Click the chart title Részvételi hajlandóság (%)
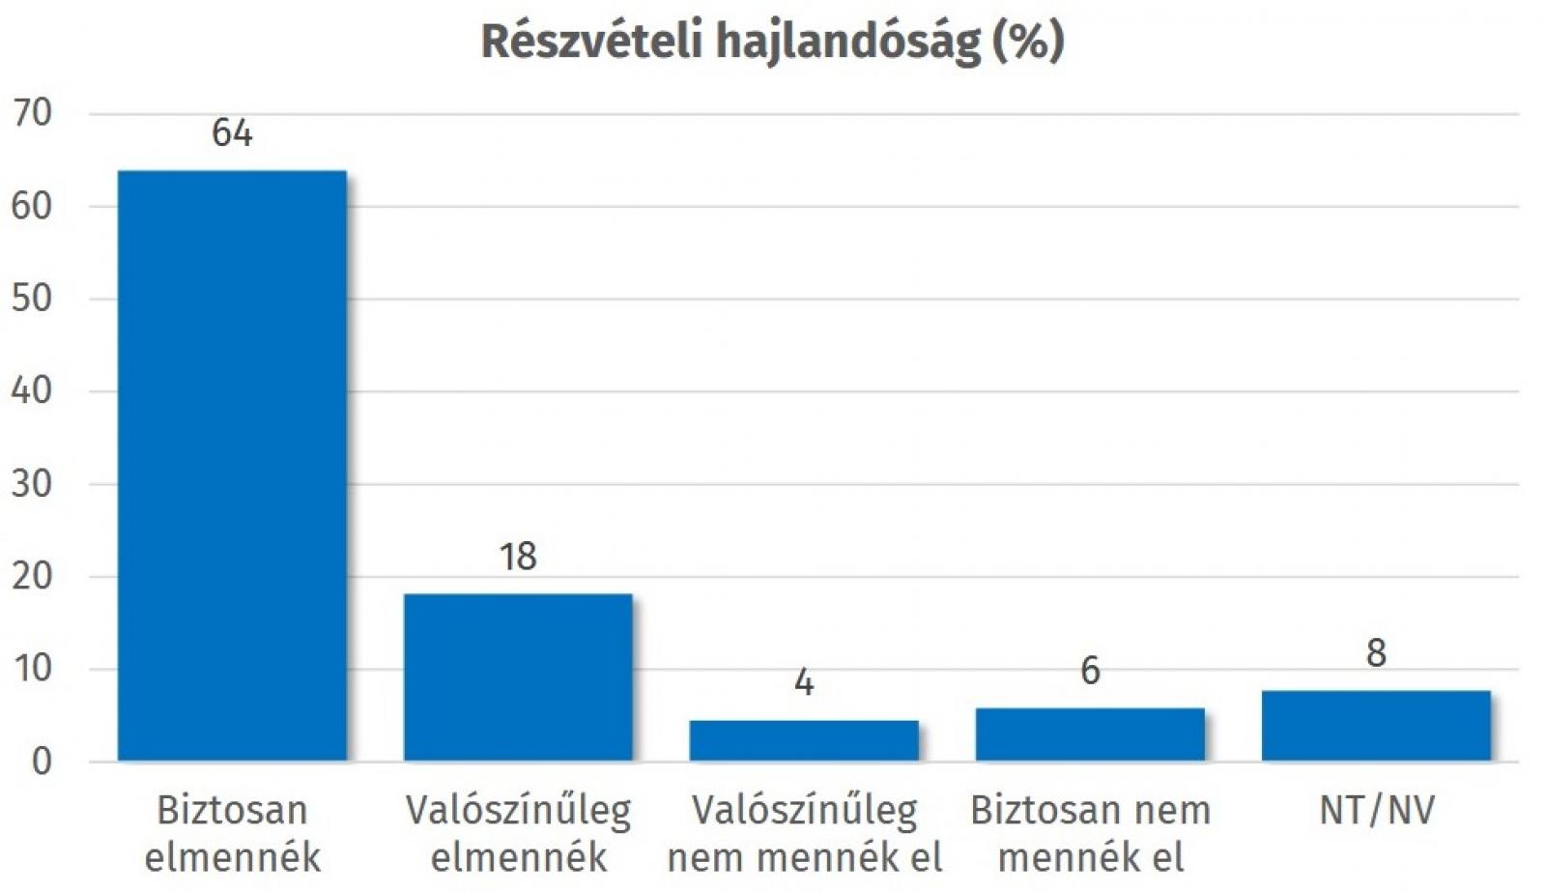tap(772, 42)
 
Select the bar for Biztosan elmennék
tap(232, 465)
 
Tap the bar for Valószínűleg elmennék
tap(518, 676)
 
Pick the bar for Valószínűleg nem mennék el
tap(804, 740)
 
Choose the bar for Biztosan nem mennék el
tap(1090, 734)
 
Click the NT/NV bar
tap(1376, 726)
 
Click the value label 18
tap(518, 557)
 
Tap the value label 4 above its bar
tap(804, 683)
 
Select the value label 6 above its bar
tap(1090, 671)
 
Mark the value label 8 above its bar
tap(1376, 654)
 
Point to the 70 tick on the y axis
tap(32, 113)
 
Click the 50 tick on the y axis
tap(32, 298)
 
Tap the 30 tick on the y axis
tap(32, 483)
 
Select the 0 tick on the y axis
tap(42, 762)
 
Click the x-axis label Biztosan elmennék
tap(232, 833)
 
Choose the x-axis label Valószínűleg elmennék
tap(518, 833)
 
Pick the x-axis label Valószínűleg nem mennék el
tap(804, 833)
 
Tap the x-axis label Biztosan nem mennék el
tap(1090, 833)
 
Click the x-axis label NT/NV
tap(1376, 811)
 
